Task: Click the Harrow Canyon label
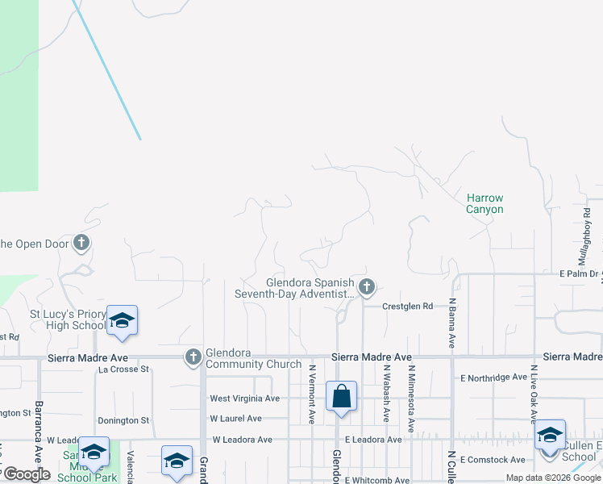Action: [484, 203]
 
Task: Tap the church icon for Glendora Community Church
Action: [193, 357]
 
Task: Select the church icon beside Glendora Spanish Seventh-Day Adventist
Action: [367, 286]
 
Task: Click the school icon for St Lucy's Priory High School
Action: [122, 320]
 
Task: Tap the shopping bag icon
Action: [341, 397]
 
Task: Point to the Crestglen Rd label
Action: [407, 307]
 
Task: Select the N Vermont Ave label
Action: [312, 394]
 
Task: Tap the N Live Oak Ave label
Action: [533, 394]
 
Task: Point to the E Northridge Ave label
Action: [493, 378]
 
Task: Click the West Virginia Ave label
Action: [244, 398]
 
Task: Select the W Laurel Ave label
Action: [235, 419]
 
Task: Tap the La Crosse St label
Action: [124, 369]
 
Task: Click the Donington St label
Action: [123, 420]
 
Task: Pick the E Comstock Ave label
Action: [494, 460]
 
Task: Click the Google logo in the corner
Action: [27, 474]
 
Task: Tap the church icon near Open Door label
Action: [81, 242]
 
